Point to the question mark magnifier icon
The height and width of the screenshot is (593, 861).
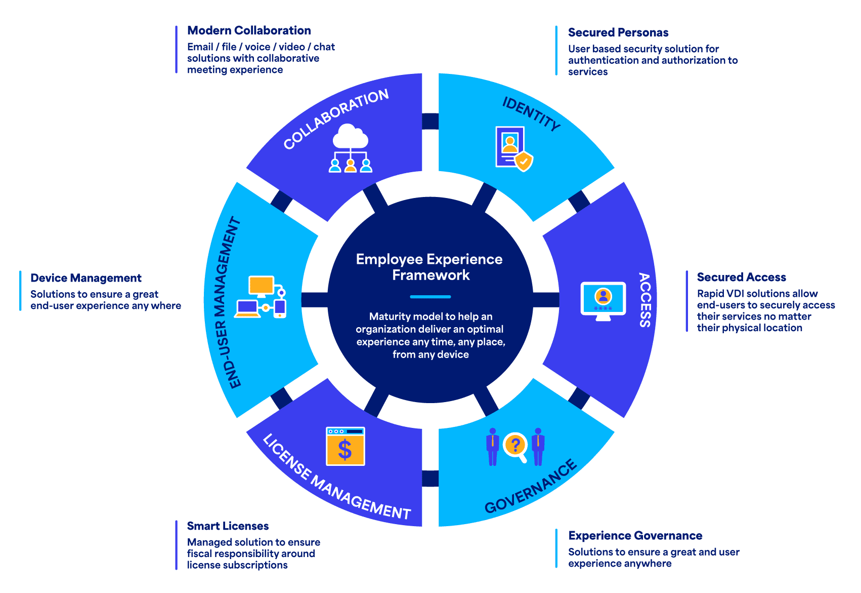tap(515, 446)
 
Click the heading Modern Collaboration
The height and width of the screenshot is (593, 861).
tap(249, 30)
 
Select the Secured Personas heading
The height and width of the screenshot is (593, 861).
tap(618, 32)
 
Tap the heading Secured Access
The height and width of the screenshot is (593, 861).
tap(741, 277)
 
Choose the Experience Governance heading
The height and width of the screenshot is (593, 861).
tap(635, 536)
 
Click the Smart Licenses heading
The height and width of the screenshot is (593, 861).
tap(228, 526)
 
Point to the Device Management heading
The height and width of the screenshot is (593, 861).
tap(86, 278)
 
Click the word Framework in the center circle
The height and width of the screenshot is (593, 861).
tap(431, 275)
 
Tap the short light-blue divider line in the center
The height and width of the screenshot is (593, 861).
tap(430, 297)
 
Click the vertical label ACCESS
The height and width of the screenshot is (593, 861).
tap(644, 300)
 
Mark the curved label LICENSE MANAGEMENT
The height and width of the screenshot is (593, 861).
tap(336, 478)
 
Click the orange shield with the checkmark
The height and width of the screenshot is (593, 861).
tap(524, 162)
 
